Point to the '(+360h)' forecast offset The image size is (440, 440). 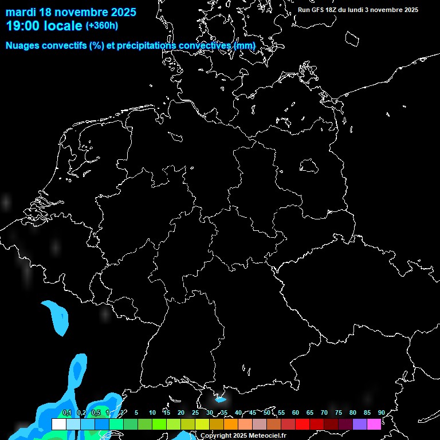pyautogui.click(x=101, y=26)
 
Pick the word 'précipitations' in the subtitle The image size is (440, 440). pyautogui.click(x=145, y=45)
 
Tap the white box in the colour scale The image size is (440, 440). pyautogui.click(x=58, y=424)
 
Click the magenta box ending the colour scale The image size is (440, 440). pyautogui.click(x=374, y=424)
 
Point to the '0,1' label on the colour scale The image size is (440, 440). pyautogui.click(x=67, y=413)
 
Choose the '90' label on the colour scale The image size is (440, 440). pyautogui.click(x=381, y=413)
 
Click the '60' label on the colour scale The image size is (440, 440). pyautogui.click(x=295, y=413)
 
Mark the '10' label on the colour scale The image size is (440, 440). pyautogui.click(x=152, y=413)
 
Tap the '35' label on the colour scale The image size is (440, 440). pyautogui.click(x=223, y=413)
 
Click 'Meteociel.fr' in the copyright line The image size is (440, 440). pyautogui.click(x=267, y=436)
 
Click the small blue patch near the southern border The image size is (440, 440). pyautogui.click(x=220, y=399)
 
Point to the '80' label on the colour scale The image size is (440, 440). pyautogui.click(x=352, y=413)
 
